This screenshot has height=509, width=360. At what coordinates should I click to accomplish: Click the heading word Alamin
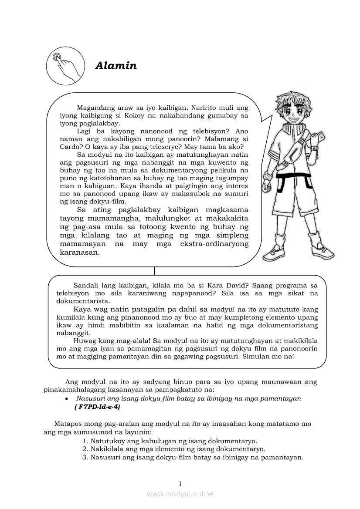pyautogui.click(x=116, y=66)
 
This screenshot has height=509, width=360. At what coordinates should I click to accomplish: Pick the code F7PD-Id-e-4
pyautogui.click(x=94, y=407)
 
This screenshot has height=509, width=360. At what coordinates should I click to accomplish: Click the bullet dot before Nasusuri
pyautogui.click(x=66, y=399)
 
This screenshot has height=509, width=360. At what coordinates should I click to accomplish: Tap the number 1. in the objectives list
pyautogui.click(x=85, y=441)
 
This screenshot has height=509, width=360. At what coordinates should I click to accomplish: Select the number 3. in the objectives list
pyautogui.click(x=85, y=457)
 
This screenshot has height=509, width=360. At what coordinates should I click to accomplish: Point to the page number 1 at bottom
pyautogui.click(x=180, y=483)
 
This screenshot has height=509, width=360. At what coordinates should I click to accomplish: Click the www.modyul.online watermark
pyautogui.click(x=180, y=494)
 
